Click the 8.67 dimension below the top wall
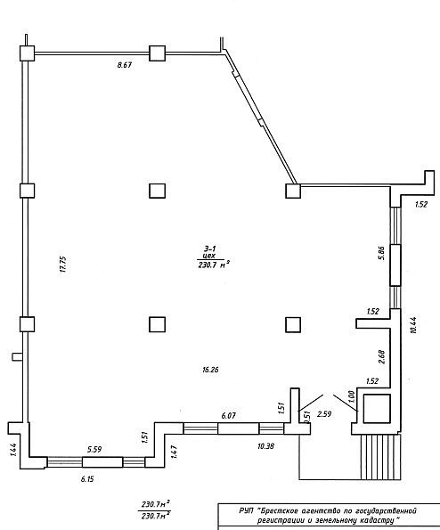click(x=125, y=65)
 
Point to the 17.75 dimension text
click(x=63, y=265)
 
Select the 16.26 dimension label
click(x=210, y=370)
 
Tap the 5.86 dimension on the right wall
click(x=381, y=252)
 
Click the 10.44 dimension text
click(x=413, y=325)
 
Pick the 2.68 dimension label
click(x=381, y=357)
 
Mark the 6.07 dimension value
click(x=228, y=415)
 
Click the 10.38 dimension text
click(x=265, y=446)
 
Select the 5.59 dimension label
click(x=94, y=449)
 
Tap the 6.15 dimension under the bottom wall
click(x=87, y=479)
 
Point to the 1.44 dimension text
click(x=13, y=450)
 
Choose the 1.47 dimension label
click(x=174, y=452)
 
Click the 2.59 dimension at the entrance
click(x=323, y=413)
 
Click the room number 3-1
click(x=209, y=249)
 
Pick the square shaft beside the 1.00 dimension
click(x=377, y=408)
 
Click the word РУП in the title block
click(x=246, y=510)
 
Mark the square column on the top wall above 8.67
click(x=158, y=53)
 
